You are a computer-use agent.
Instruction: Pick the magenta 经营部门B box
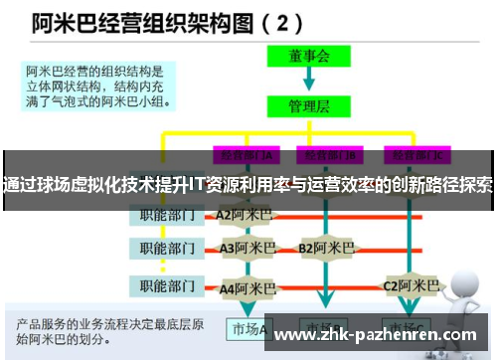(332, 155)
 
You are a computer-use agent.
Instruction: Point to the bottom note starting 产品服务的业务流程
(109, 331)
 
